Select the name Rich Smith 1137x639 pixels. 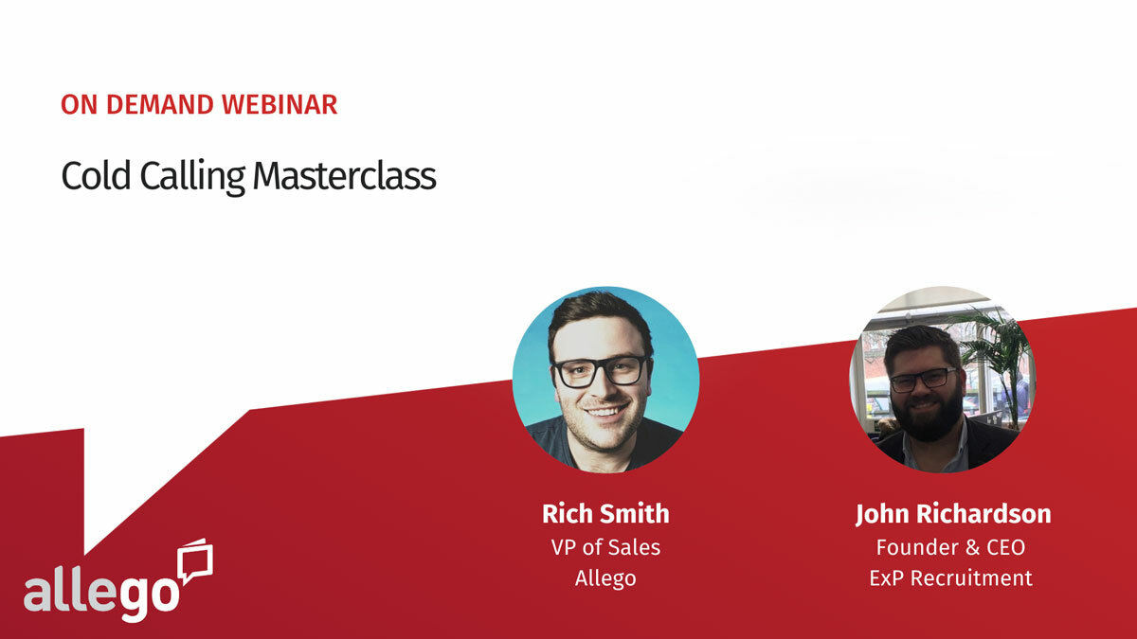click(x=605, y=514)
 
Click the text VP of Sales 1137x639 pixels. click(x=605, y=547)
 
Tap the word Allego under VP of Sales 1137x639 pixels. click(x=605, y=578)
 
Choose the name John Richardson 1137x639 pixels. click(x=952, y=514)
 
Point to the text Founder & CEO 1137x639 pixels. click(x=950, y=547)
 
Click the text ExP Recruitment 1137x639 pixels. click(x=950, y=578)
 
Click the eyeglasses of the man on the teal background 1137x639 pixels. click(x=601, y=371)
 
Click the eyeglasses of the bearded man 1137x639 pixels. click(x=921, y=379)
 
